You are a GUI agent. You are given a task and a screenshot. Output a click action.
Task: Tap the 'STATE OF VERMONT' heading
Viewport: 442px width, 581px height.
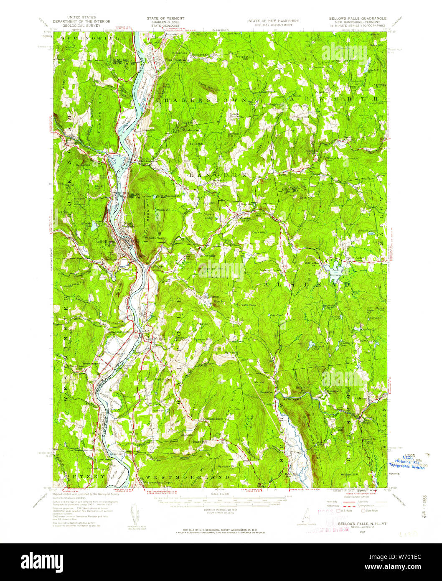(x=165, y=18)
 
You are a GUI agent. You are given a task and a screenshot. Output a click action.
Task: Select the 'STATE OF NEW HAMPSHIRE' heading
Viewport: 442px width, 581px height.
(x=270, y=20)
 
